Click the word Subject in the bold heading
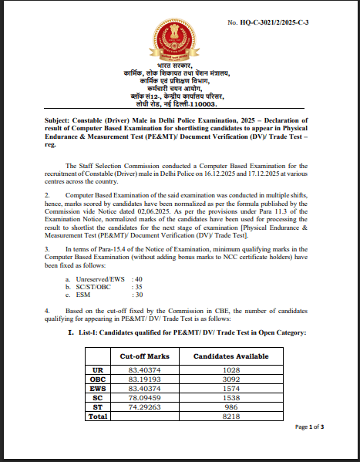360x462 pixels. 61,120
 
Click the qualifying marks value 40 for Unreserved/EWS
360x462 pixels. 138,278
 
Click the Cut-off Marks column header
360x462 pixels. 144,357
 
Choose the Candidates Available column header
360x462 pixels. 230,357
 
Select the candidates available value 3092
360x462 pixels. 230,380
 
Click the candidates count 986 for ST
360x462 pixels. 230,406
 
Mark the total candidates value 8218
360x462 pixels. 230,416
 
